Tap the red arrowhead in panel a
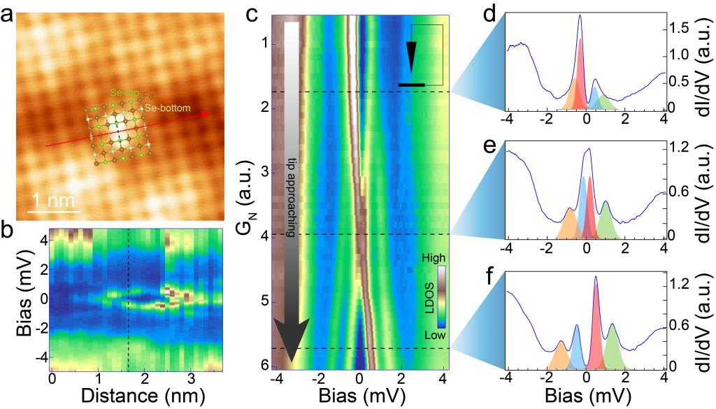pos(206,113)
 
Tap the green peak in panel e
pos(606,220)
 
